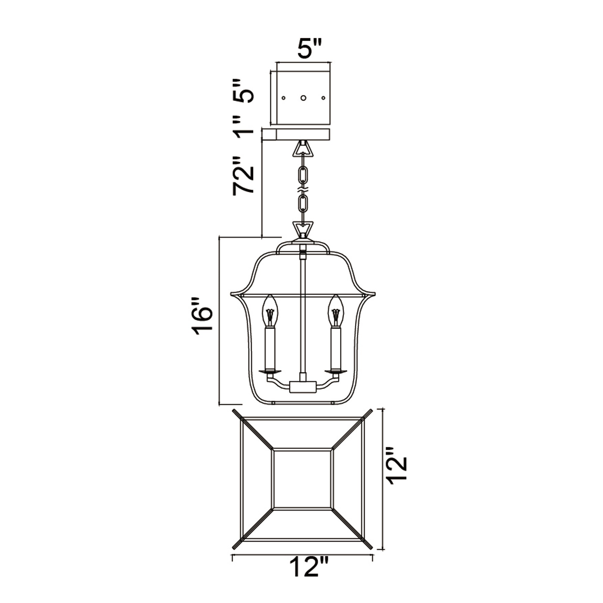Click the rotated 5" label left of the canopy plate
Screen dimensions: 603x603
243,90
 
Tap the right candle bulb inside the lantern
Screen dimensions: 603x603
336,311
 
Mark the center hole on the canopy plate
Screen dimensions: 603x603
303,98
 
